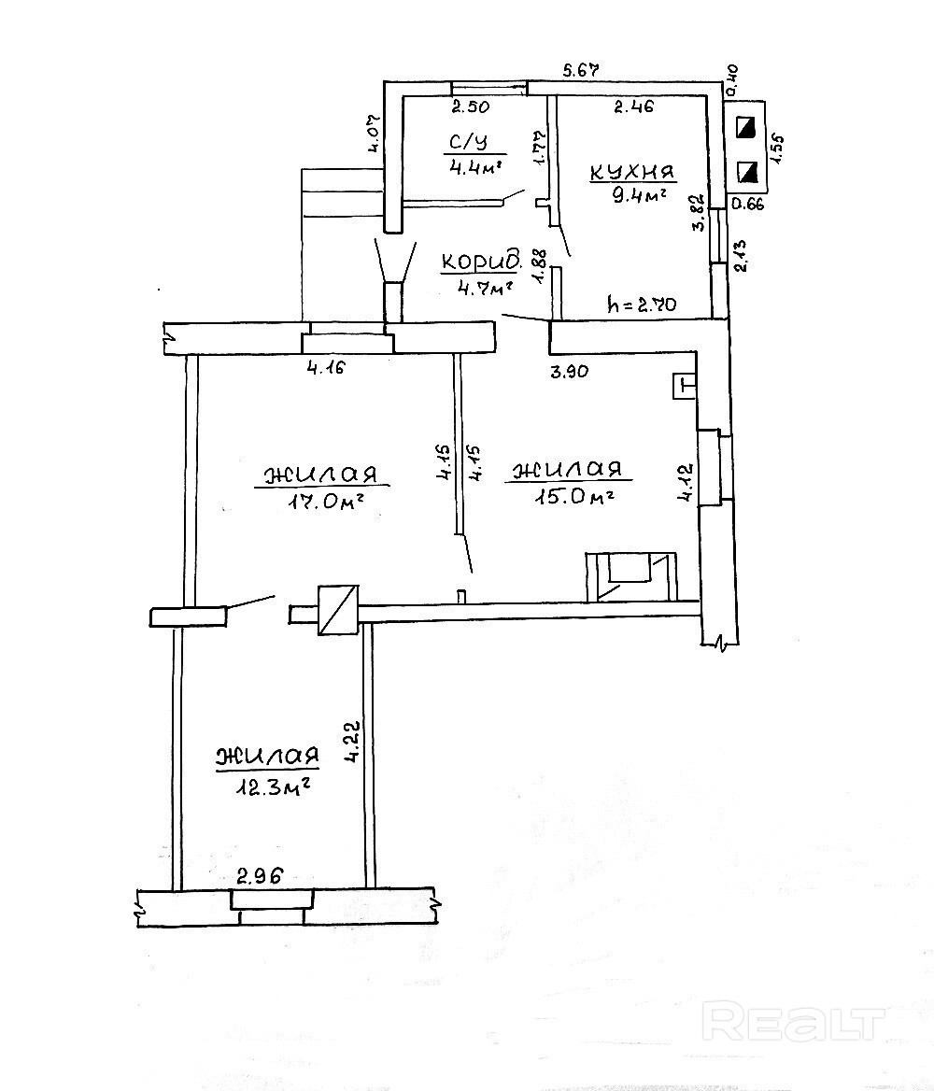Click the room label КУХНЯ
pos(632,173)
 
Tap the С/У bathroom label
pos(468,143)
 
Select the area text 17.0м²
pos(327,501)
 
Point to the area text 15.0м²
pos(573,497)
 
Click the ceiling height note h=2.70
pos(641,305)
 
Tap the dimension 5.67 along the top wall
pos(581,69)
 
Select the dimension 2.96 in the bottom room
pos(261,876)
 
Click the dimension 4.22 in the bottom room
pos(353,743)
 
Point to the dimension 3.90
pos(570,371)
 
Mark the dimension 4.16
pos(326,367)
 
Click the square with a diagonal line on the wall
pos(338,610)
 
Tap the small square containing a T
pos(684,386)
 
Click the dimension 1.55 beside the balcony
pos(777,149)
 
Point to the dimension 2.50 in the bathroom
pos(471,106)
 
